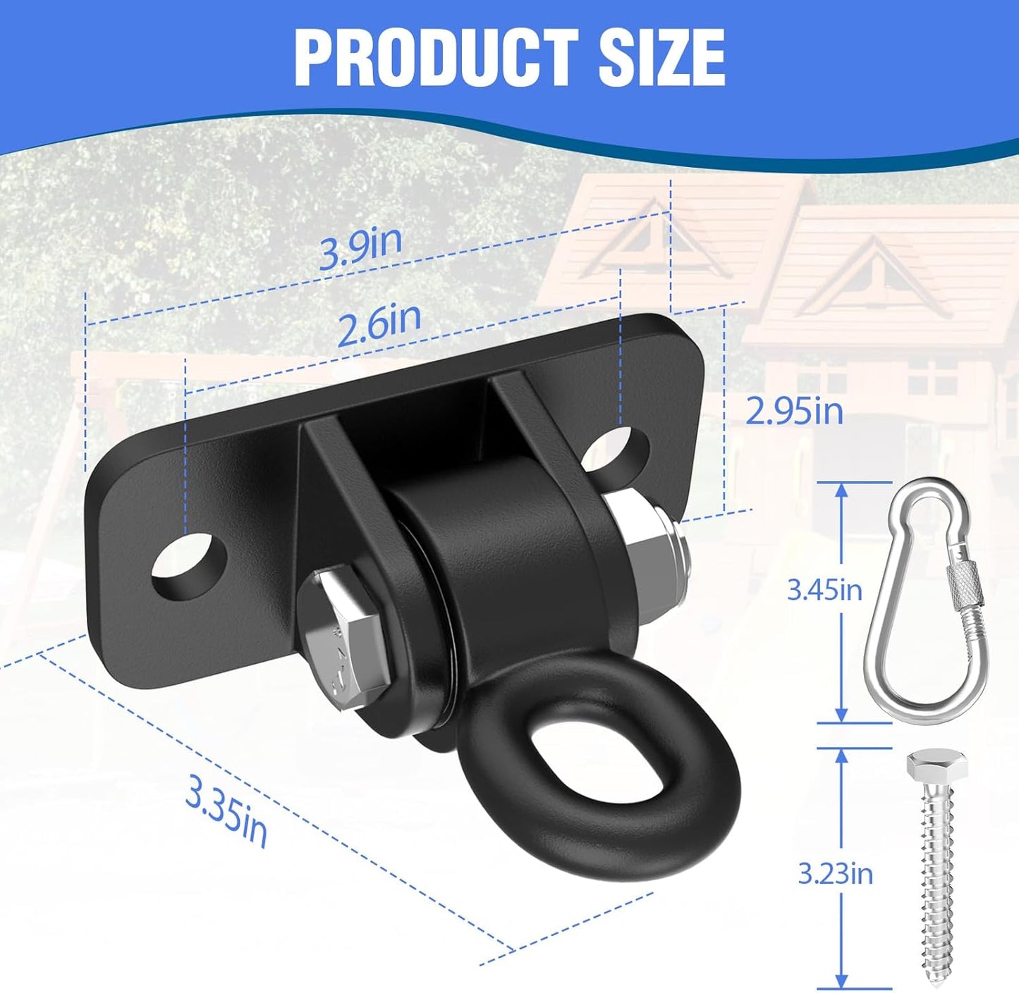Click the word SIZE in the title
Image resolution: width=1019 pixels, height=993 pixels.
pos(661,58)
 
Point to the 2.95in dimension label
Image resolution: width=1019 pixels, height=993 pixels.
pos(794,411)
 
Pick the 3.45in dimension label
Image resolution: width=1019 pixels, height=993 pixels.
pos(824,589)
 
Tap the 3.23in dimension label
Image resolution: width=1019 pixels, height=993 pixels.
pos(835,874)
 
